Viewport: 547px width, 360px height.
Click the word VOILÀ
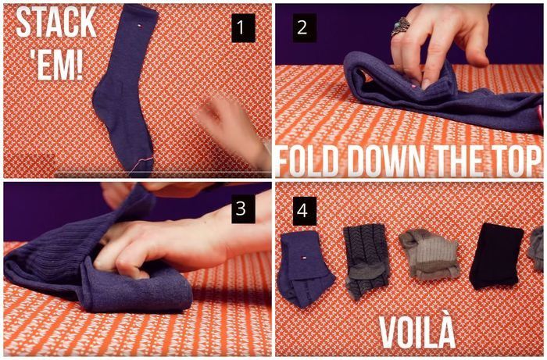(x=417, y=333)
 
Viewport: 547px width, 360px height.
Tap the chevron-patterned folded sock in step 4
(x=366, y=260)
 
